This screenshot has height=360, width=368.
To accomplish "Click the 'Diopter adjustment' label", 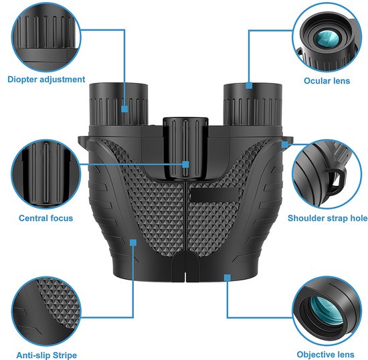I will coord(47,80).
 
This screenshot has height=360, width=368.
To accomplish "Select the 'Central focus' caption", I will coord(45,218).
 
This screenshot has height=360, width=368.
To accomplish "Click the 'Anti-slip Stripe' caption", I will coord(47,355).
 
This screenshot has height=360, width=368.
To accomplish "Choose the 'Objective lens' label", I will coord(327,355).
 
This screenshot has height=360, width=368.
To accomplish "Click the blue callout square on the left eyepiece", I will coord(125,106).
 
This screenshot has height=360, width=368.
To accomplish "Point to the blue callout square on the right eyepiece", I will coord(249,85).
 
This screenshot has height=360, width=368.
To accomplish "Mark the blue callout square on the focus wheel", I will coord(186,164).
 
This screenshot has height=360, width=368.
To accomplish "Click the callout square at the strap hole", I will coord(286,143).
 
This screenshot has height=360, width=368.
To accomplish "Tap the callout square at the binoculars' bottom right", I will coord(227,275).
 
